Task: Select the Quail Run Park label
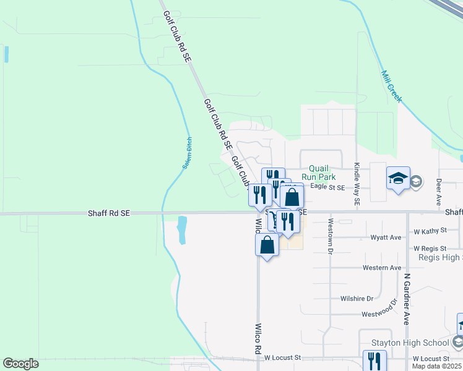(x=318, y=173)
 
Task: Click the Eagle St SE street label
(x=327, y=186)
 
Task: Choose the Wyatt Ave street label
(x=386, y=237)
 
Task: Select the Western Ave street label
(x=382, y=268)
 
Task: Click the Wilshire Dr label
(x=357, y=298)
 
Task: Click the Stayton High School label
(x=410, y=343)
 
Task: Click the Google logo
(x=20, y=364)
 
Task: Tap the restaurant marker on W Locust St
(x=374, y=360)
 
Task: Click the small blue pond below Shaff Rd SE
(x=182, y=230)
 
